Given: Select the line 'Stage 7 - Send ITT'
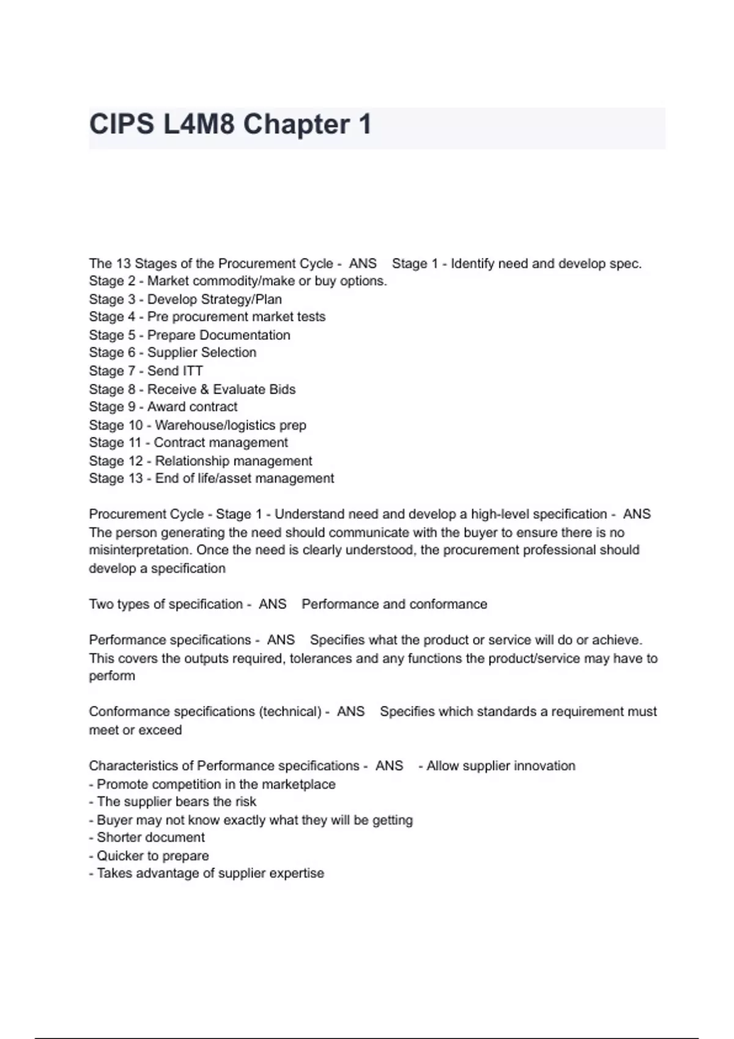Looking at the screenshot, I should pyautogui.click(x=146, y=371).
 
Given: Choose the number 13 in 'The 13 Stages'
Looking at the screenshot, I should pyautogui.click(x=123, y=263).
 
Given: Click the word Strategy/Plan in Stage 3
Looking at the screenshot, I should pyautogui.click(x=240, y=299).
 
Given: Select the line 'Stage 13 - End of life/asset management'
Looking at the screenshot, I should pyautogui.click(x=211, y=479).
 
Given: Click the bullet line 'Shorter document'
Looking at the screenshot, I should pyautogui.click(x=147, y=838).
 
